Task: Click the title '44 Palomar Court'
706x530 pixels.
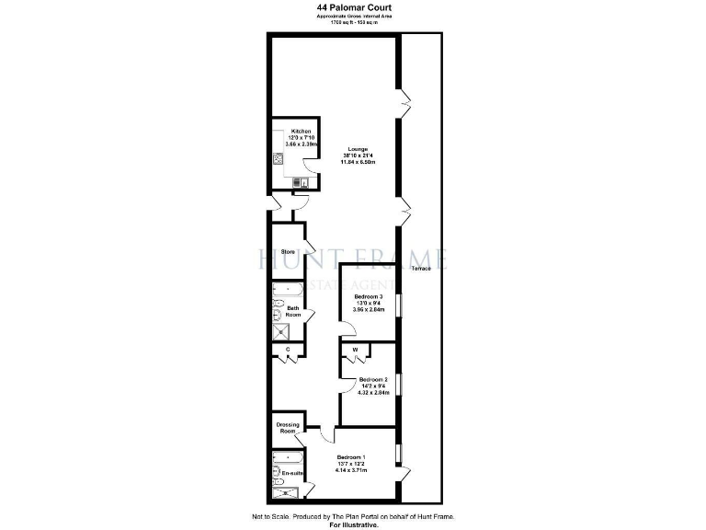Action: point(352,6)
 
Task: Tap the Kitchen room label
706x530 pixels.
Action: point(302,131)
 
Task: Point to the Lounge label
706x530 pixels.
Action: point(358,149)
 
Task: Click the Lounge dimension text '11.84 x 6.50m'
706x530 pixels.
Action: point(359,163)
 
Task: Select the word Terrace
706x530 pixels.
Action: point(421,268)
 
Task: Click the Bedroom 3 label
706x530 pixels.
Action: point(369,296)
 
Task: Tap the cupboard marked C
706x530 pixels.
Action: point(288,351)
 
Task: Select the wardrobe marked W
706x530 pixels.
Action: point(355,350)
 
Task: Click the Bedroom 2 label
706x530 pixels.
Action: point(373,380)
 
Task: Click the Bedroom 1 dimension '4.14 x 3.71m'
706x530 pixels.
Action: point(353,469)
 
